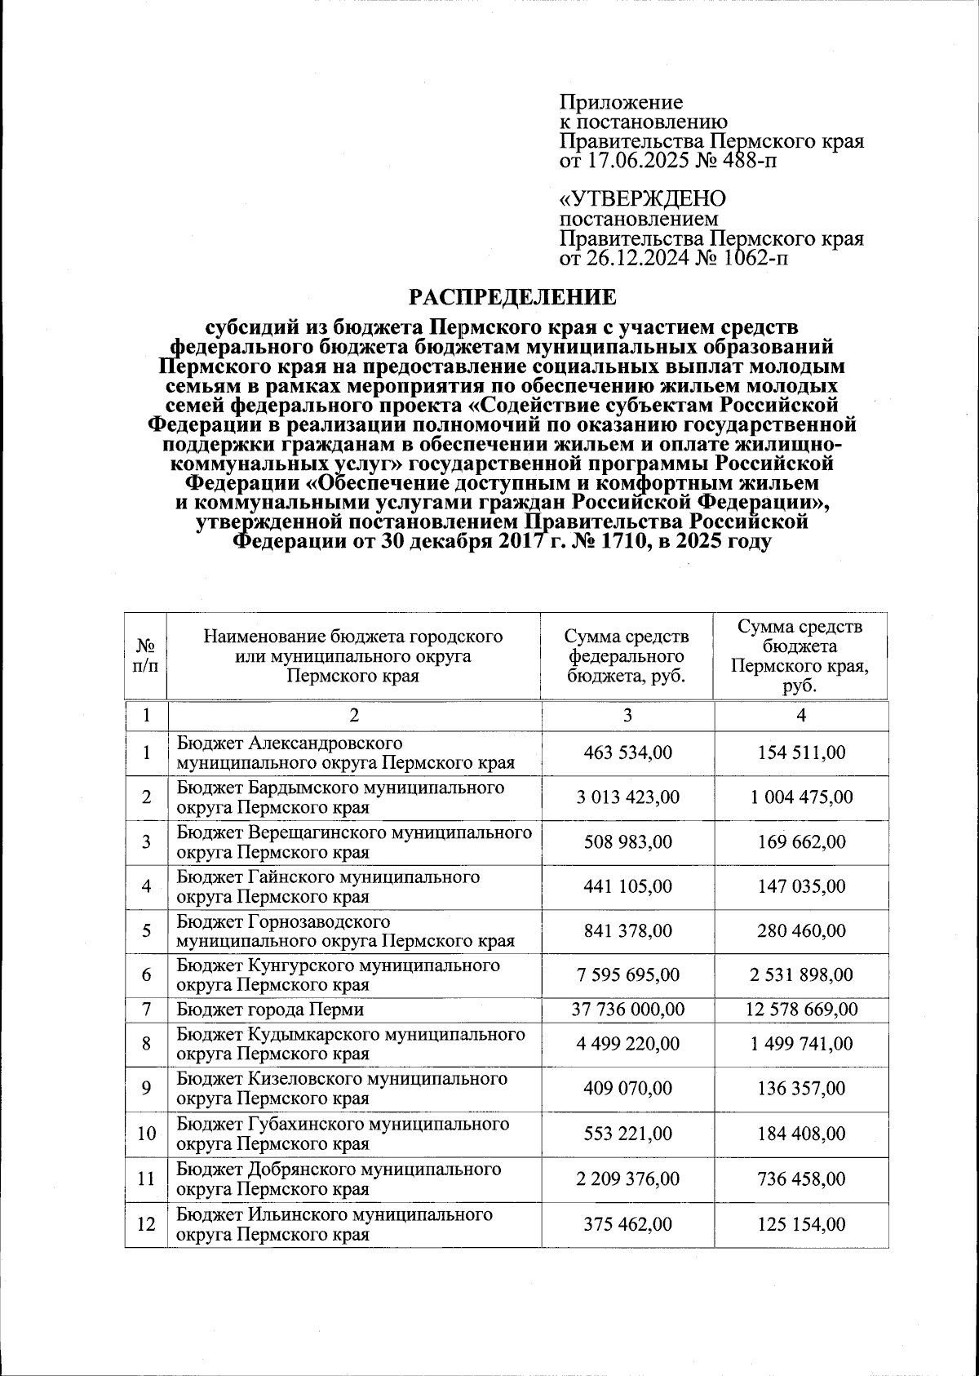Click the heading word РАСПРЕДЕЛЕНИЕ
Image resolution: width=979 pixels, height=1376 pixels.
click(512, 296)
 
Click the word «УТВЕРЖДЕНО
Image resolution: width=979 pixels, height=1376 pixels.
click(642, 199)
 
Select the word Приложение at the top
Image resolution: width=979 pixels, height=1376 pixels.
click(621, 103)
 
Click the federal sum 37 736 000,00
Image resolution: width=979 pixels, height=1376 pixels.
click(627, 1010)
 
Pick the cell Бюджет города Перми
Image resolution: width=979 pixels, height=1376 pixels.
click(271, 1010)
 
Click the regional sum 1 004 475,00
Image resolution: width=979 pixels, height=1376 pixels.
click(801, 797)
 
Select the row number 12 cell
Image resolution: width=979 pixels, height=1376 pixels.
click(146, 1224)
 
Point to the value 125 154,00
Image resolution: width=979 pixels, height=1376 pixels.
click(801, 1224)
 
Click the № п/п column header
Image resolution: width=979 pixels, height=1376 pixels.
click(146, 655)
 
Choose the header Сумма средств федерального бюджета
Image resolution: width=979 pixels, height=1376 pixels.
click(627, 655)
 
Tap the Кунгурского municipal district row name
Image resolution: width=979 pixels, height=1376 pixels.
click(338, 974)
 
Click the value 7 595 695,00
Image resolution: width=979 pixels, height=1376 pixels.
click(627, 974)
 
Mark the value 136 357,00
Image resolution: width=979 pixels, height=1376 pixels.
click(801, 1089)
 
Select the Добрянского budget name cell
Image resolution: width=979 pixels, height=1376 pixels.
click(339, 1178)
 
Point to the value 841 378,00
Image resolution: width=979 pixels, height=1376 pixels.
click(627, 930)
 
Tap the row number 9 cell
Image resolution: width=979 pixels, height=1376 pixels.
click(146, 1089)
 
